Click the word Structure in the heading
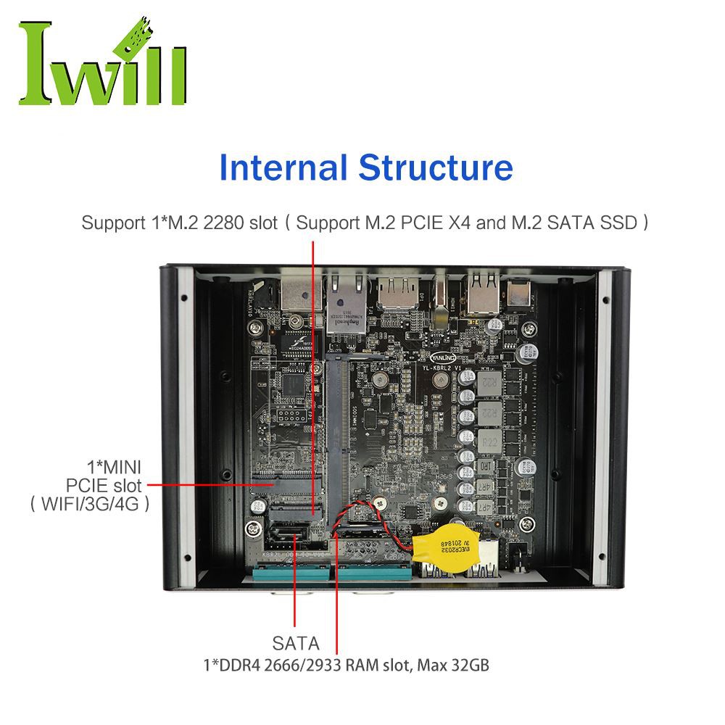pos(436,167)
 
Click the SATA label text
pos(295,643)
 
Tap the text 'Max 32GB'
pos(457,664)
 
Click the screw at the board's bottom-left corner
pos(252,526)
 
